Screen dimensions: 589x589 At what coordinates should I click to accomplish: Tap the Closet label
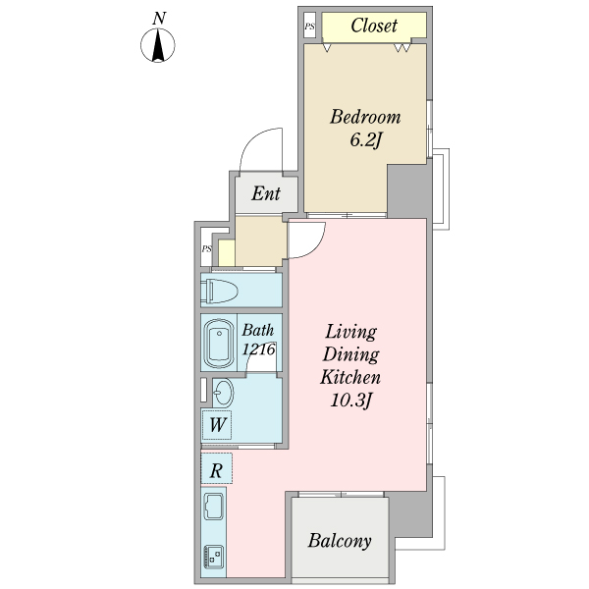coord(373,27)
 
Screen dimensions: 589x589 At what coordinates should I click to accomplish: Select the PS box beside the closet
coord(310,27)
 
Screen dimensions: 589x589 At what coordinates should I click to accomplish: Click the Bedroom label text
coord(365,118)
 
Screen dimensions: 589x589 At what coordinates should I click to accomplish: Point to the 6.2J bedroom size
coord(365,140)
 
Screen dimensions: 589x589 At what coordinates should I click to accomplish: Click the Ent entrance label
coord(266,193)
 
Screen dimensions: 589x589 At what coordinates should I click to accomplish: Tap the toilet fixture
coord(218,291)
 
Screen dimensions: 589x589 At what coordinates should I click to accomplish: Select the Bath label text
coord(258,331)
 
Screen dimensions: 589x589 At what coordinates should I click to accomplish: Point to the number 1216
coord(259,348)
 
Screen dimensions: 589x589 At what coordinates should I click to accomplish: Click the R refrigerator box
coord(217,470)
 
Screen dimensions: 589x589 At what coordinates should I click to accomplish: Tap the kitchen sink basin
coord(214,509)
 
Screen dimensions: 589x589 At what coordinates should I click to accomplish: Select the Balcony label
coord(340,541)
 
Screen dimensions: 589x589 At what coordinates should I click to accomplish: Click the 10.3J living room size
coord(351,401)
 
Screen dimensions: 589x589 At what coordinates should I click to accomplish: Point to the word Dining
coord(351,354)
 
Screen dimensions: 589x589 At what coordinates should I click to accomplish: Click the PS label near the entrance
coord(207,249)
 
